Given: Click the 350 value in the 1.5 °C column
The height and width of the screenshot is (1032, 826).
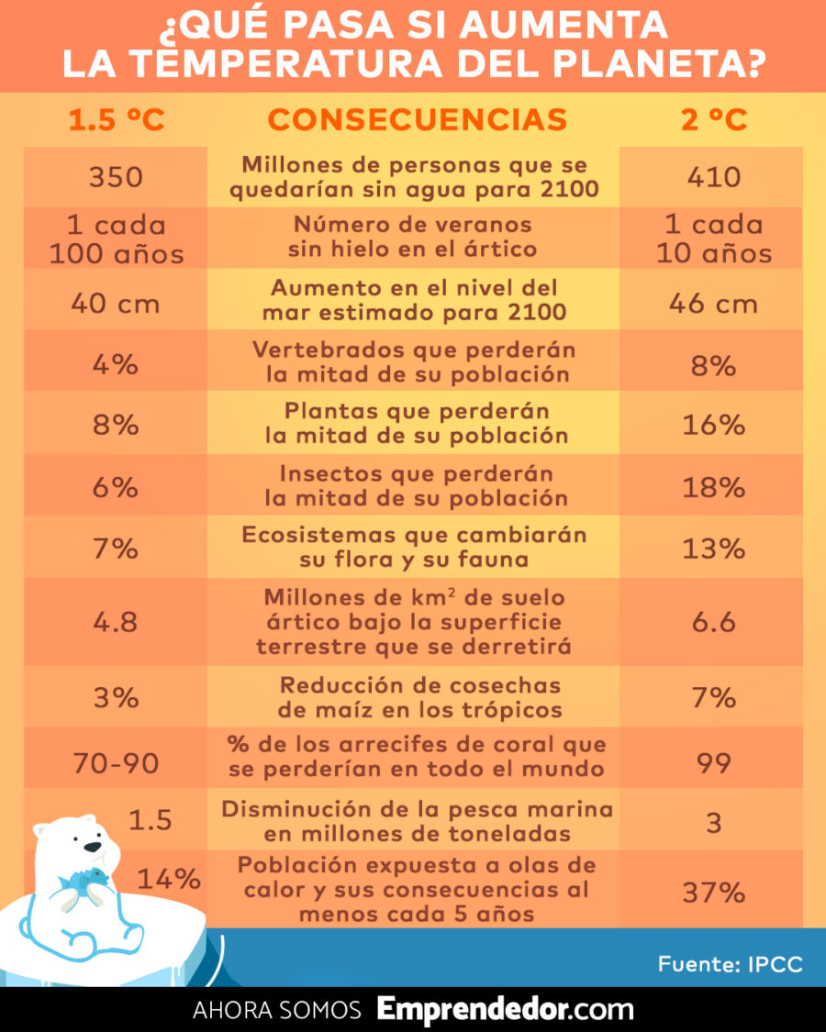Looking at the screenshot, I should pos(116,177).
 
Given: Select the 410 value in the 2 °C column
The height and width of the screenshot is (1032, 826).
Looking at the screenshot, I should pos(713,177).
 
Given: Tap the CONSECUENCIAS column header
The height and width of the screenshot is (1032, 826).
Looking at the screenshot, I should pos(417,119).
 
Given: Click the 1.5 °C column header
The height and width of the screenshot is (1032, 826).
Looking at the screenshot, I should pos(117,119).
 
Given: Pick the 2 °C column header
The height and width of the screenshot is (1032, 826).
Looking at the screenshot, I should pos(713,119).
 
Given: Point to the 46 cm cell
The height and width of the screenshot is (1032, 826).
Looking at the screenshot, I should pos(713,302).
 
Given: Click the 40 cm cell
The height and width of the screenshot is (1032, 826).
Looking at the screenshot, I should pos(116,302).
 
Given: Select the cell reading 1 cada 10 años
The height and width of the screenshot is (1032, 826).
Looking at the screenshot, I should pos(713,239).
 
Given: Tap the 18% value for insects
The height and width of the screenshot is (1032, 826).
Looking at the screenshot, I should pos(713,487).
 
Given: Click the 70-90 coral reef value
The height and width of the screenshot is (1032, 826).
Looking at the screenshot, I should pos(116,761).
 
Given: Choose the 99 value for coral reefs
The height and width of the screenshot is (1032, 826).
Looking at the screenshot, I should pos(713,761).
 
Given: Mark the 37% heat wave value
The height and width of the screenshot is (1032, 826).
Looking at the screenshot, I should pos(713,892).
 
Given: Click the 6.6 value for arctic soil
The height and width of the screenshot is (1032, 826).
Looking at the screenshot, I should pos(713,622).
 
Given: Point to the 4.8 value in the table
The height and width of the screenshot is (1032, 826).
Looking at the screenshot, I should pos(116,622).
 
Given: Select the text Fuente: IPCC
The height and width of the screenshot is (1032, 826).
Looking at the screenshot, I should pos(730,964).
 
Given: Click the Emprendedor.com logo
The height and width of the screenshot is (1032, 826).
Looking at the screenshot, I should pos(505,1010).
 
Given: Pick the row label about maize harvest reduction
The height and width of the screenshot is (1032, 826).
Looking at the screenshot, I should pos(419,698).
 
